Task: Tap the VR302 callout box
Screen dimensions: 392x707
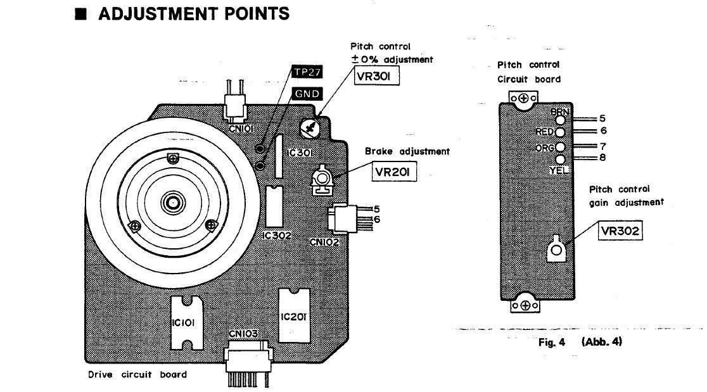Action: (620, 232)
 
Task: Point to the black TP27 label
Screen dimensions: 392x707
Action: (306, 72)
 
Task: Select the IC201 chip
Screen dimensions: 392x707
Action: (293, 315)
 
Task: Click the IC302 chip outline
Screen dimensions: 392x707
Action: (273, 206)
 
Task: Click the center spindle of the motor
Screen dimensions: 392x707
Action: (172, 203)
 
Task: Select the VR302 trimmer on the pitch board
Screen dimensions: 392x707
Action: (556, 251)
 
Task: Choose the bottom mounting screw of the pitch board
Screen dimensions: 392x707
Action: (524, 306)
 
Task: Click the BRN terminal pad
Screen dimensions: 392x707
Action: (560, 118)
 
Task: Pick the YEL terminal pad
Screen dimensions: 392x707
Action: (560, 160)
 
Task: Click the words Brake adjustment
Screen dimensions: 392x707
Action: (407, 151)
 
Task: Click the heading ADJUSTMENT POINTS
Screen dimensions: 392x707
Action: (193, 13)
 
